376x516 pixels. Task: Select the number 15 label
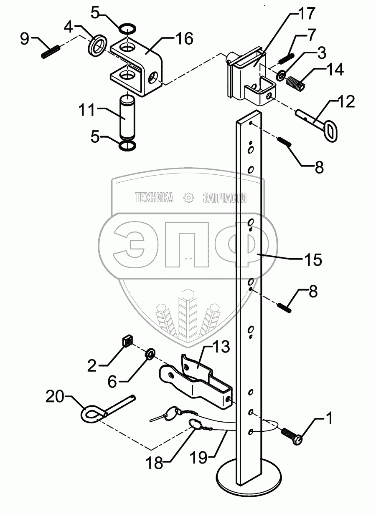pyautogui.click(x=312, y=260)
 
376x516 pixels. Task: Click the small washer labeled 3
pyautogui.click(x=281, y=76)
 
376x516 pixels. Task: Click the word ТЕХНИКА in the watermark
pyautogui.click(x=154, y=198)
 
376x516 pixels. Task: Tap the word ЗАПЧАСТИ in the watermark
pyautogui.click(x=224, y=198)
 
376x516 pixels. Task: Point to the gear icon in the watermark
pyautogui.click(x=189, y=198)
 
